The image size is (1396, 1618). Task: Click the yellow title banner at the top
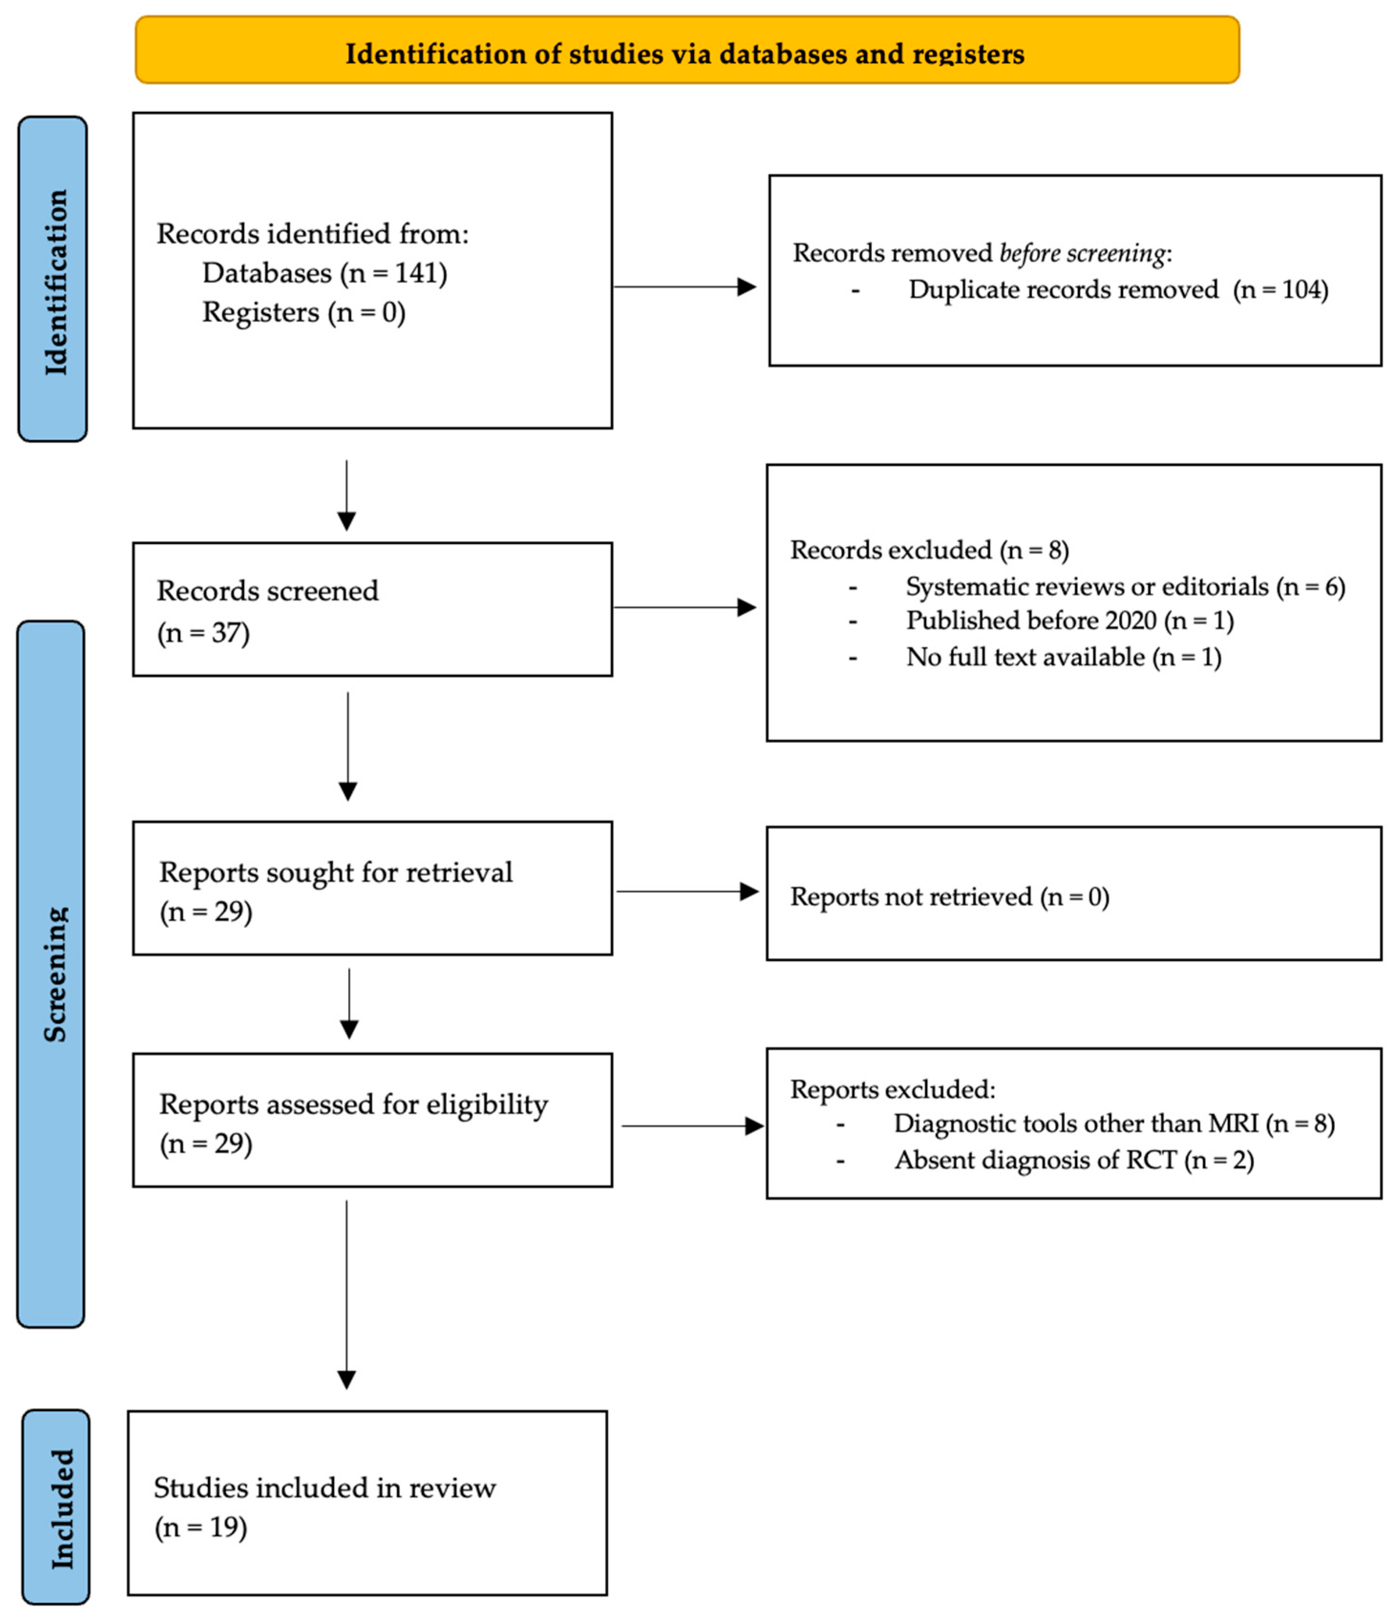686,51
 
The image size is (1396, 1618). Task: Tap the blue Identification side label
53,279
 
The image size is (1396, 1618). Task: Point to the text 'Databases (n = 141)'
324,273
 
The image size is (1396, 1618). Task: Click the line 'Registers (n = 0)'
304,313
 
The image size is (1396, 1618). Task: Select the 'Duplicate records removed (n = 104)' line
1117,290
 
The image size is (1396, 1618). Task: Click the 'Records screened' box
372,609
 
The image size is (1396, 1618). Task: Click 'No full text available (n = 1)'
1062,657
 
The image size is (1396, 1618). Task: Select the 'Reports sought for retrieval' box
372,888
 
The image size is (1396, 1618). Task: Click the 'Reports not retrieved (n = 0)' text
949,897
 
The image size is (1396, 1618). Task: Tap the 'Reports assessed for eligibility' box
372,1120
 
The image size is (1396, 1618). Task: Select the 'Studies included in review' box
367,1503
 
